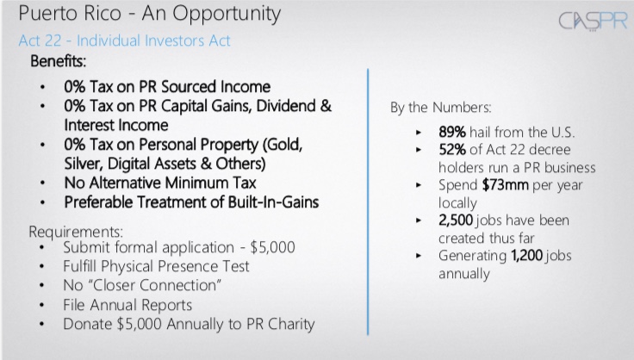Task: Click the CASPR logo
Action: [593, 21]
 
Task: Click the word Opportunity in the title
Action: [227, 14]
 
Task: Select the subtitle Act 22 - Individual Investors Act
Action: [125, 40]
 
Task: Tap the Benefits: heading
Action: [59, 61]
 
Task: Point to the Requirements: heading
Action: [76, 232]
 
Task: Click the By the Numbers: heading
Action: [441, 108]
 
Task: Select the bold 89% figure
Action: [452, 132]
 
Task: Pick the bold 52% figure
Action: [452, 150]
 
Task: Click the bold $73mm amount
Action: [506, 185]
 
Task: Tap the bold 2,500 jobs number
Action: [456, 220]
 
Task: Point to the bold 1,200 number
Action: [527, 255]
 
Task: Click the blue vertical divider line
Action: [368, 202]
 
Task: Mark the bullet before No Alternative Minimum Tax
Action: [42, 183]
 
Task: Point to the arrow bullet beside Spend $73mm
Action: [419, 185]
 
